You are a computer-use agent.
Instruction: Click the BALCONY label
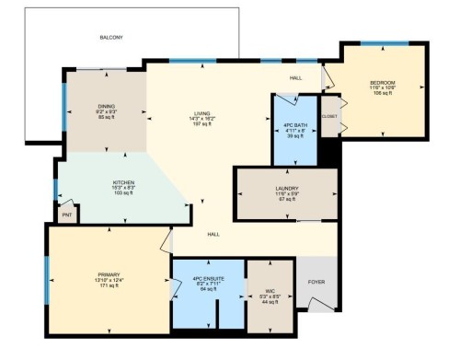(110, 38)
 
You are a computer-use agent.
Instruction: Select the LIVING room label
(201, 113)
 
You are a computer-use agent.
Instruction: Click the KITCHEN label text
(122, 183)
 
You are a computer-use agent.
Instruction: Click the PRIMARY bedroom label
(109, 273)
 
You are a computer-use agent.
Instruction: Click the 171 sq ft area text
(109, 286)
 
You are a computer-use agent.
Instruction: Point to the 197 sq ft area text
(201, 124)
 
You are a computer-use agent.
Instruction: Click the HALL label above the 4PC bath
(296, 77)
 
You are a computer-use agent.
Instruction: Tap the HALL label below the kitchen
(213, 235)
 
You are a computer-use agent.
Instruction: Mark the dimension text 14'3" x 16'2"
(201, 119)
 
